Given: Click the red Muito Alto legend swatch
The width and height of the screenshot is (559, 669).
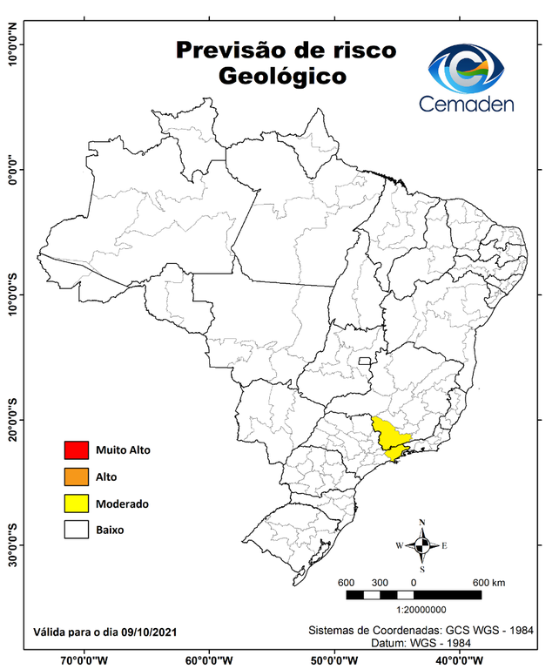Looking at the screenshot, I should pos(76,450).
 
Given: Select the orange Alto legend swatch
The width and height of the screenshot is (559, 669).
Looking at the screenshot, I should pos(76,476).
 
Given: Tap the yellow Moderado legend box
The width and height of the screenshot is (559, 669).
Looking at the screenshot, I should pos(76,503).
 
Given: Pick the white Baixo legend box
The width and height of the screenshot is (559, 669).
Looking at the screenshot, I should pos(76,530).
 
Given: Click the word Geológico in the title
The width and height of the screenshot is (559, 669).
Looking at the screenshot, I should pos(283,77).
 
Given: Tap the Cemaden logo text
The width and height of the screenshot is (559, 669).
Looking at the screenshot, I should pos(467,104).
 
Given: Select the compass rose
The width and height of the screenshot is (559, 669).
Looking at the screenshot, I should pos(421,545).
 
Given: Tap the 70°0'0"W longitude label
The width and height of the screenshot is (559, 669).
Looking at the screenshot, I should pos(85,659).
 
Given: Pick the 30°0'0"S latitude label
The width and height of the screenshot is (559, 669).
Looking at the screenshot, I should pos(12,545).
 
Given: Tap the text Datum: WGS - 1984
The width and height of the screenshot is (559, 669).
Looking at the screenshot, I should pos(421,643).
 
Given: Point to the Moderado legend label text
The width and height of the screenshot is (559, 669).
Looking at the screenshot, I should pos(122,503).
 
